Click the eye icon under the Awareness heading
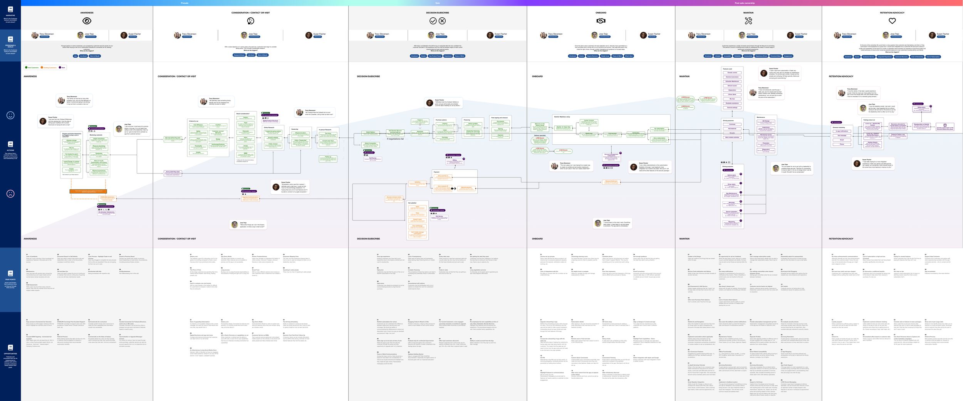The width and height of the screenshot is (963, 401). click(x=87, y=21)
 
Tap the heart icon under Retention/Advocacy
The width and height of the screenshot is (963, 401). click(x=892, y=21)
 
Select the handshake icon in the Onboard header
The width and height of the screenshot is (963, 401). click(x=601, y=21)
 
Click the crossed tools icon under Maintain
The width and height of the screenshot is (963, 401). click(x=748, y=21)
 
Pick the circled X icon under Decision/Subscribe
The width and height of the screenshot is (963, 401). click(x=442, y=21)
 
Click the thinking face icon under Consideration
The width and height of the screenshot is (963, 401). click(x=250, y=21)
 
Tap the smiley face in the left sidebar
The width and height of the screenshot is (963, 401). click(x=10, y=115)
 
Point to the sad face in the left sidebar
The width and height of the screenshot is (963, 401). click(x=10, y=194)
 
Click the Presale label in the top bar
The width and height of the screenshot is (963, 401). click(x=185, y=3)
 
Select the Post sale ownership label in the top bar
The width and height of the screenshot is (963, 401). click(x=745, y=3)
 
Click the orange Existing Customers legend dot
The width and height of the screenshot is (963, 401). click(x=42, y=67)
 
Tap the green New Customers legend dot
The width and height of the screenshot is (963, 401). click(x=26, y=67)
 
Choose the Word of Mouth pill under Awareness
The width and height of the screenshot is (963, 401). click(x=95, y=56)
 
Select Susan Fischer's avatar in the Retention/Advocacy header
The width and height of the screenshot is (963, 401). click(x=932, y=35)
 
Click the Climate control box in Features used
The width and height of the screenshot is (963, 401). click(x=732, y=73)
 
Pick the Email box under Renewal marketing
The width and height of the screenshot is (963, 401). click(x=842, y=140)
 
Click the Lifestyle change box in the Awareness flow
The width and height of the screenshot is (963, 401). click(x=71, y=141)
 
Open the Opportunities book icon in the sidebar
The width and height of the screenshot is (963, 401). click(x=10, y=348)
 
